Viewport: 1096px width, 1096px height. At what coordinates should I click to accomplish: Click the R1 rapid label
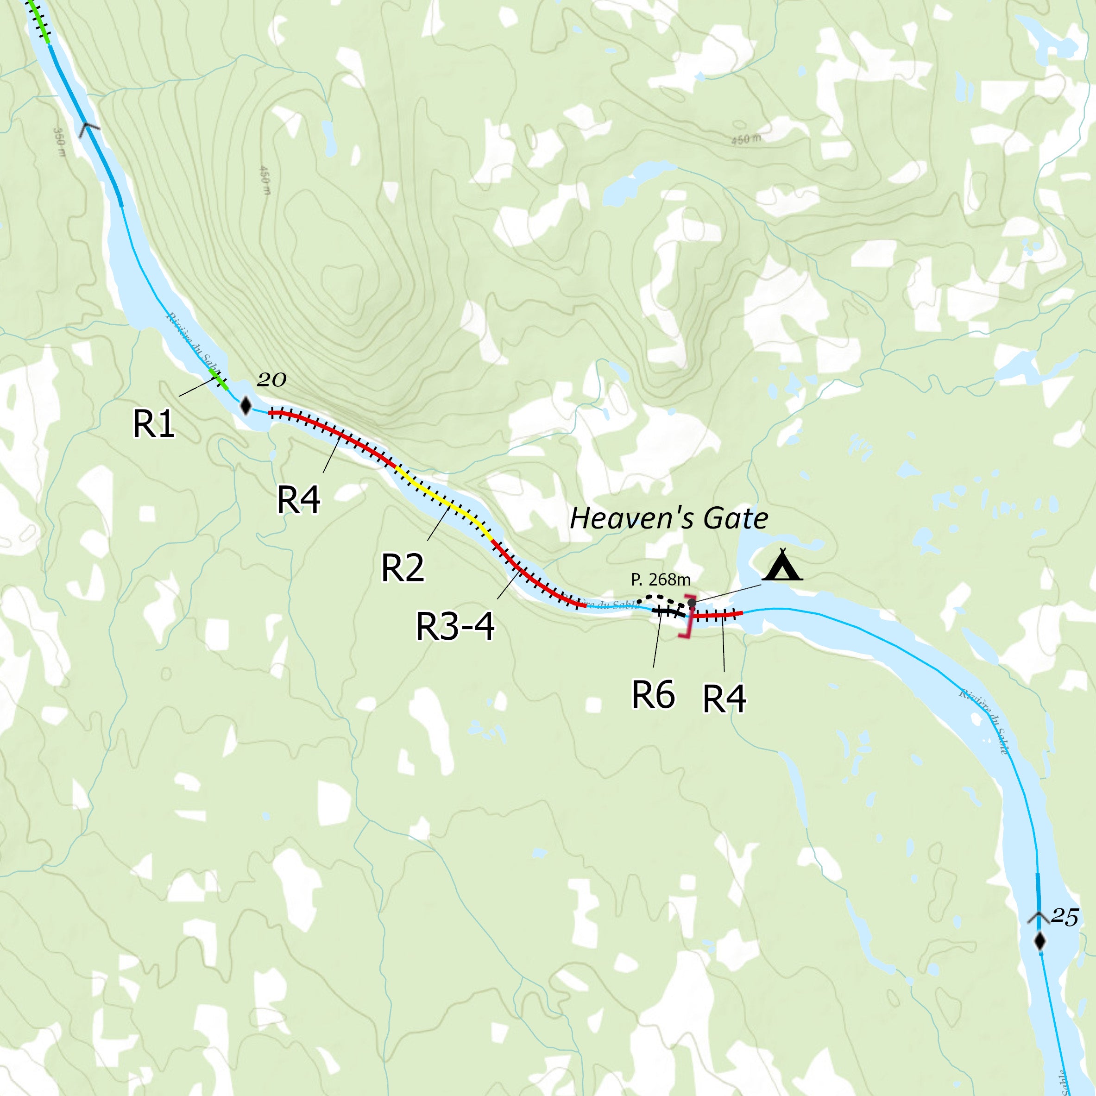[x=153, y=423]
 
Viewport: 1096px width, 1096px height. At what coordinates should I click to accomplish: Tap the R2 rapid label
[x=403, y=567]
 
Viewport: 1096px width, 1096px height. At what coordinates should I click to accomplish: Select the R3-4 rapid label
[x=455, y=626]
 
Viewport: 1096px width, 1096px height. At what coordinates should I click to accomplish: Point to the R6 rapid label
[x=654, y=694]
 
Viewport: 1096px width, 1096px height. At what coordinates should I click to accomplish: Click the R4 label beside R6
[x=724, y=699]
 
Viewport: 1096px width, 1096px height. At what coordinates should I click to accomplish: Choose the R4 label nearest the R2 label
[x=298, y=499]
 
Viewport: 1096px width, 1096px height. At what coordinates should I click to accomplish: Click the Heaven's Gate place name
[x=669, y=518]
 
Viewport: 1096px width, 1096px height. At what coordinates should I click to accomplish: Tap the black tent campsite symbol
[x=782, y=565]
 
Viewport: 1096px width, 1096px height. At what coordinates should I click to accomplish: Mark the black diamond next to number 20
[x=246, y=406]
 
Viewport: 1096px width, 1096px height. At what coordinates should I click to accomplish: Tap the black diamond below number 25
[x=1039, y=942]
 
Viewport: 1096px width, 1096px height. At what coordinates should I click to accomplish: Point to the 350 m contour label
[x=59, y=142]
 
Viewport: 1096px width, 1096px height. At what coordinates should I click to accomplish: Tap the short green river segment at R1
[x=218, y=379]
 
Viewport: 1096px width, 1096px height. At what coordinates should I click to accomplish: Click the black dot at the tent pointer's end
[x=692, y=603]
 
